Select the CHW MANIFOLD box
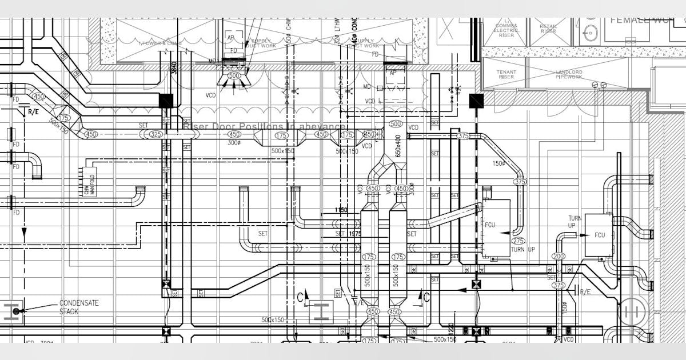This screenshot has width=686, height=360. tap(89, 182)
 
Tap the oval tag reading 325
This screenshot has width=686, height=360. tap(156, 134)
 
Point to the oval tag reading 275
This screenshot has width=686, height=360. tap(519, 241)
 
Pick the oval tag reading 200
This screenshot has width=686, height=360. tap(559, 257)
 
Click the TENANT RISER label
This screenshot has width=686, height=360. tap(506, 74)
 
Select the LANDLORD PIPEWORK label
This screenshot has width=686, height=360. tap(569, 74)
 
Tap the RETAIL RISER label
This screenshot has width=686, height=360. tap(548, 29)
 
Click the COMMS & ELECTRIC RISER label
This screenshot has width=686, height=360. tap(506, 29)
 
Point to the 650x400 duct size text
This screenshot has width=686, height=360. tap(398, 146)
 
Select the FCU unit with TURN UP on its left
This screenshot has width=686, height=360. tap(599, 235)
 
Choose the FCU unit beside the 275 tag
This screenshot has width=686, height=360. tap(495, 227)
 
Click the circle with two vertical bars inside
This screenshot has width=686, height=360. tap(631, 311)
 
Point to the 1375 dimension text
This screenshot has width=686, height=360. tap(355, 233)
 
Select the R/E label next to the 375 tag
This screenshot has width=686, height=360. tap(585, 292)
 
